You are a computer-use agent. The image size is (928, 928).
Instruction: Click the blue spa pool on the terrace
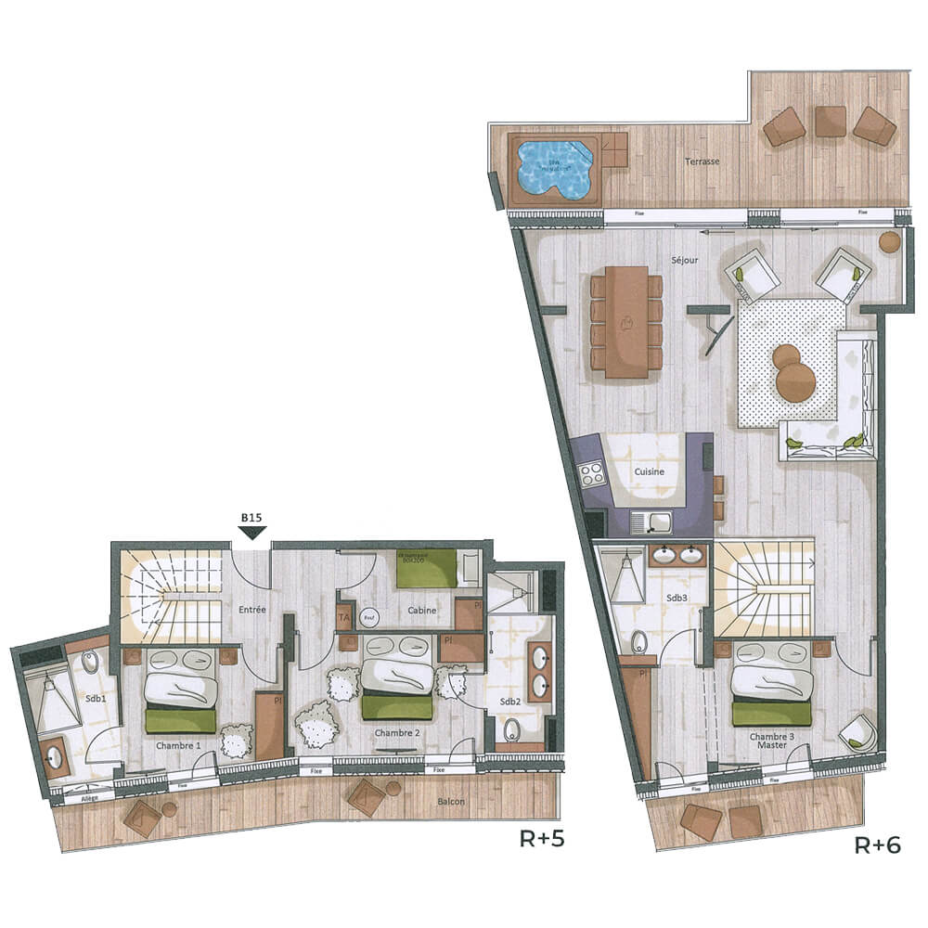tap(555, 169)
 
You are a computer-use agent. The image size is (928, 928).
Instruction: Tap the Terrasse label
tap(702, 161)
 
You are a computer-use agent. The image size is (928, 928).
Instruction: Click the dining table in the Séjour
tap(626, 321)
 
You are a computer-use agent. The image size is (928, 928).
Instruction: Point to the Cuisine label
tap(649, 471)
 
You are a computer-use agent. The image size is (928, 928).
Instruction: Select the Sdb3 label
tap(677, 598)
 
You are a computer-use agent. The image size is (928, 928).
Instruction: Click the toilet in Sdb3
tap(639, 641)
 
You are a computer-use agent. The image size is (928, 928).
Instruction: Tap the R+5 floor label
tap(542, 841)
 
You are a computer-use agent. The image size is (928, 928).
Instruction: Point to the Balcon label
tap(452, 802)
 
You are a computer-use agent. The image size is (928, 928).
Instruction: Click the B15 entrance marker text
tap(251, 518)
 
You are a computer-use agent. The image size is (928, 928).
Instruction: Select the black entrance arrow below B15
tap(251, 533)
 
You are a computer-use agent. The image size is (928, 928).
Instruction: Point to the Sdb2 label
tap(510, 702)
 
